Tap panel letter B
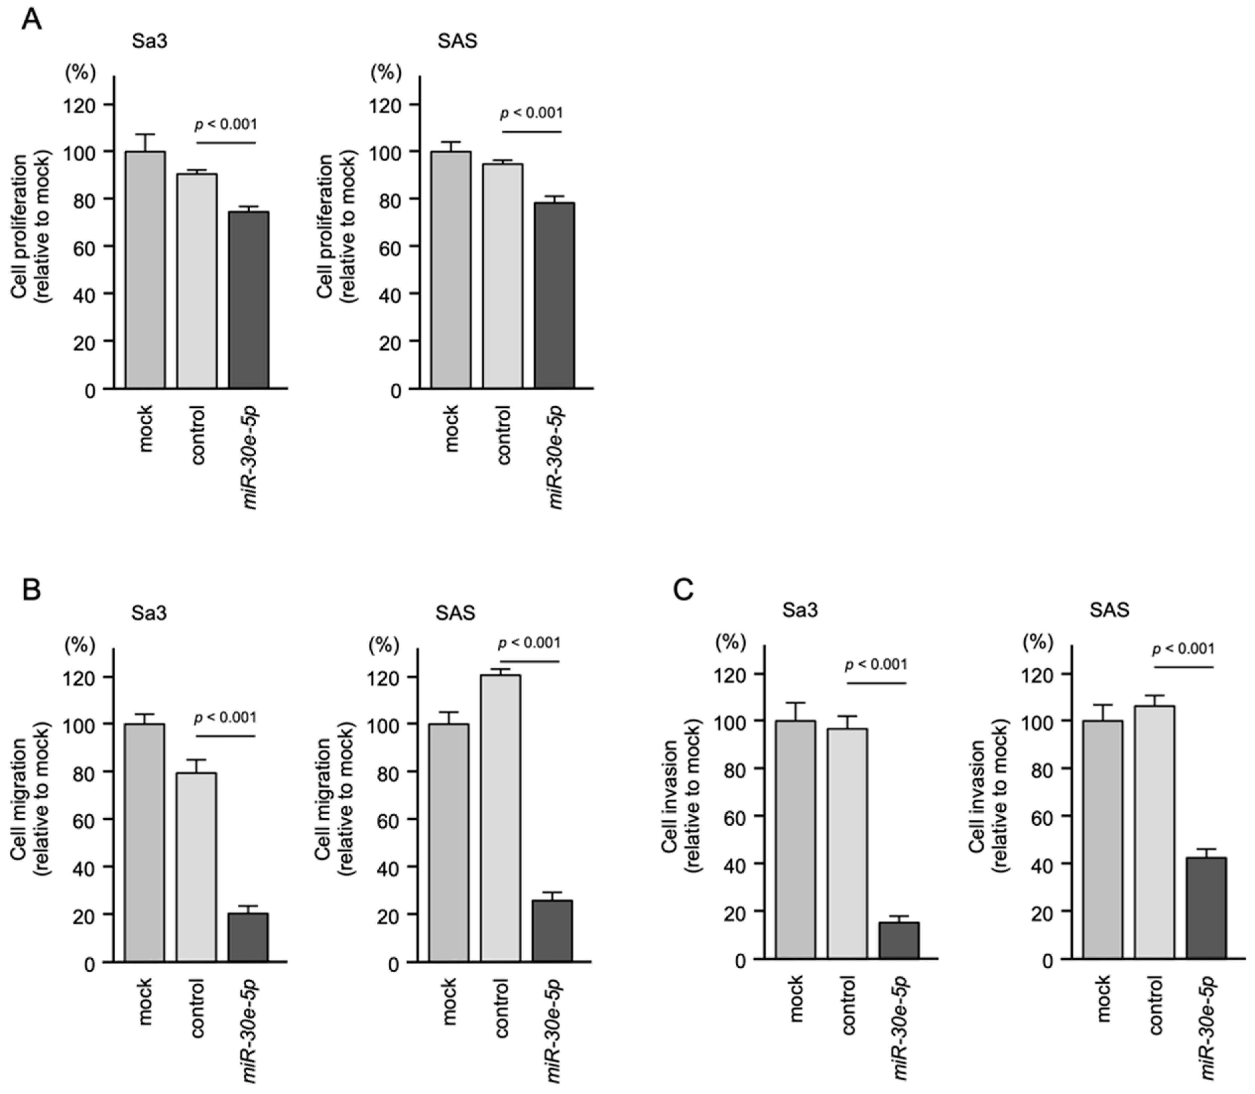click(x=31, y=590)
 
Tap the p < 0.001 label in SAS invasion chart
click(x=1183, y=648)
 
